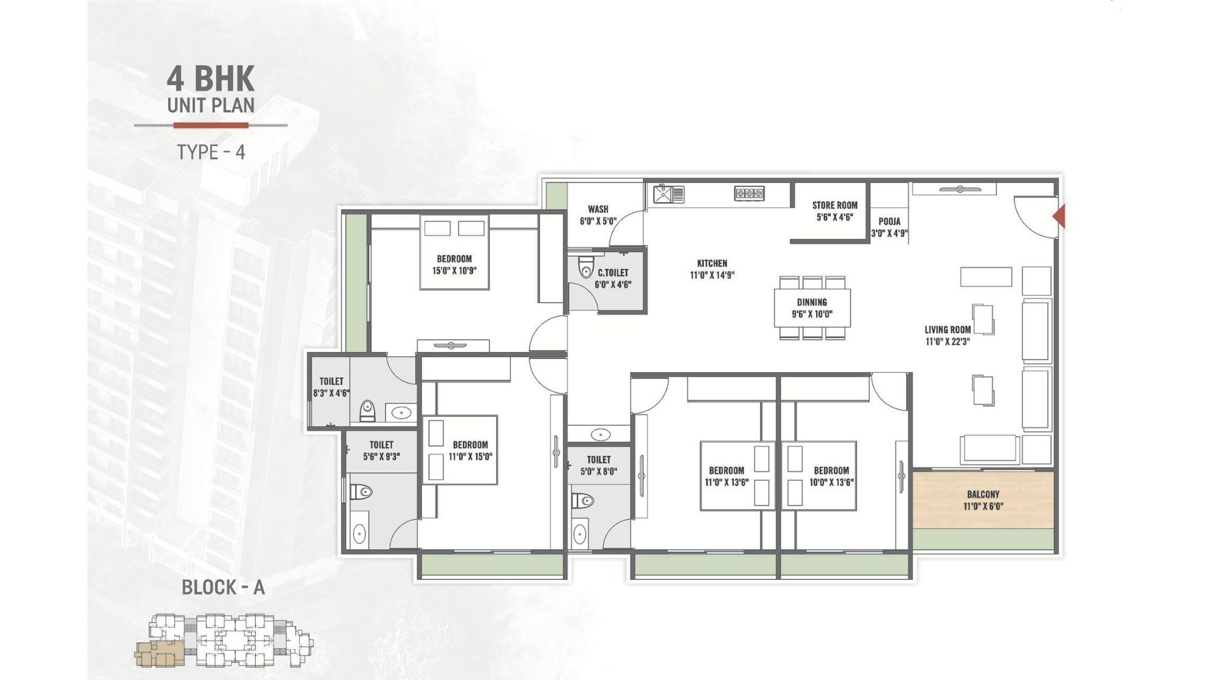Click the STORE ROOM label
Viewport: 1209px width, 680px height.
(834, 205)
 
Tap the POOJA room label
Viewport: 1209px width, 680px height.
(889, 222)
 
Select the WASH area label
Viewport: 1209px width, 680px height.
(598, 209)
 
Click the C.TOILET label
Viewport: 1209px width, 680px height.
(613, 273)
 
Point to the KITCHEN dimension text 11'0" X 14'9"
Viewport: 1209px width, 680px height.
(712, 275)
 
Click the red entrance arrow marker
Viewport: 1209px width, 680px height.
(1059, 216)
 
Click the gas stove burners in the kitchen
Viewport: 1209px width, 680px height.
(749, 194)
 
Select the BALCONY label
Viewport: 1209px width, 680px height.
(983, 495)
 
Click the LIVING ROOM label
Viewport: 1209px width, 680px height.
(948, 329)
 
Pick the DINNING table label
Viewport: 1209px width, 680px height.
(812, 302)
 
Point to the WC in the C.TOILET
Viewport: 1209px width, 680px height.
(586, 267)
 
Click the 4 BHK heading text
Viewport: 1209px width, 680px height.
(210, 79)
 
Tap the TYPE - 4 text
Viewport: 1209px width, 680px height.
(211, 152)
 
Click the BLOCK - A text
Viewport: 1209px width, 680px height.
(223, 587)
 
